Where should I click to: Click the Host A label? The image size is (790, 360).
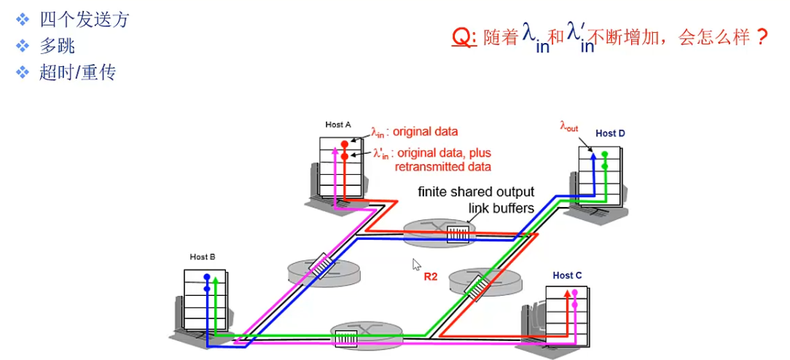[339, 125]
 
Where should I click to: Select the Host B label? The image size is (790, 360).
[203, 257]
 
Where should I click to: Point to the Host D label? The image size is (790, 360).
[610, 133]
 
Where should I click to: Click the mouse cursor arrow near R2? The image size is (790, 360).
[416, 264]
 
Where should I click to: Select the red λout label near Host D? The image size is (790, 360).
[569, 126]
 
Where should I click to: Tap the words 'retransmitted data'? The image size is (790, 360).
[442, 167]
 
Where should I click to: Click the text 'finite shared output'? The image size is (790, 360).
[475, 192]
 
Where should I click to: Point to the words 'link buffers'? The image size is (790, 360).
[501, 208]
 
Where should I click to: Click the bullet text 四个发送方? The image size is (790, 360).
[84, 20]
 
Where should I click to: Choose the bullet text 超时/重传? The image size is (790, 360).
[77, 73]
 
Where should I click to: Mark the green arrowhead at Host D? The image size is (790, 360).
[605, 154]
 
